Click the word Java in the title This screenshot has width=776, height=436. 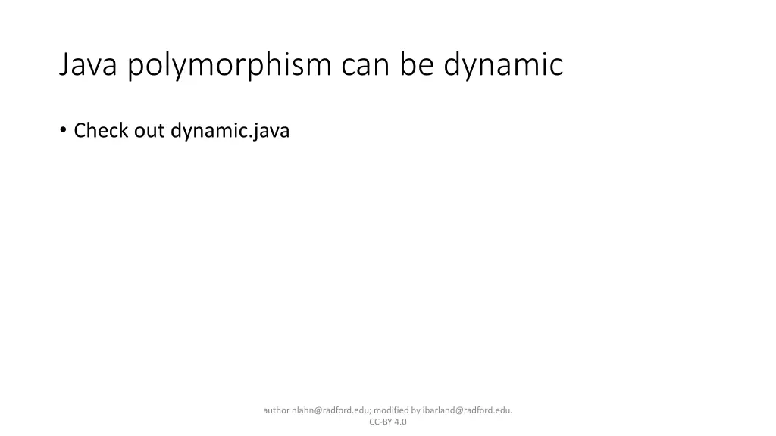[x=89, y=65]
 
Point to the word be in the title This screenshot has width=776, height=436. [x=418, y=65]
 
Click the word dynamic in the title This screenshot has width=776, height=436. [x=503, y=65]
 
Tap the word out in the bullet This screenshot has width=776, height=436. [x=149, y=131]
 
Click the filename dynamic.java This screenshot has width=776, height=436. [x=230, y=131]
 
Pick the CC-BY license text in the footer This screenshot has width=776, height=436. [x=380, y=422]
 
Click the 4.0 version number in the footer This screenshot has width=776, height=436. [x=400, y=422]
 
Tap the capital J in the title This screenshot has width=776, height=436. [x=64, y=65]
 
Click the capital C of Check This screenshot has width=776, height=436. [x=79, y=131]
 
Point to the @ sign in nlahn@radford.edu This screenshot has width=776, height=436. [x=318, y=410]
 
